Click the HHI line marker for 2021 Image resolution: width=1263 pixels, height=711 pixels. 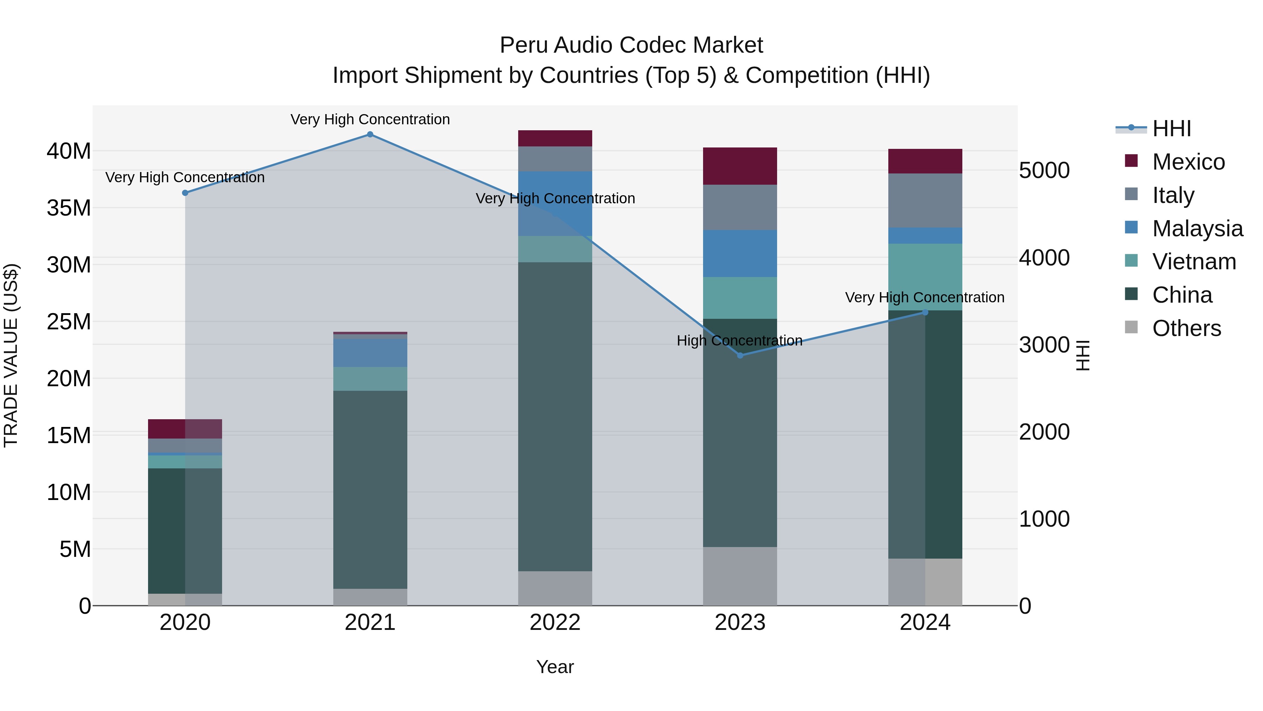[x=370, y=134]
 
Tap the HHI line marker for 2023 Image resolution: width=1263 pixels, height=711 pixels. [x=740, y=355]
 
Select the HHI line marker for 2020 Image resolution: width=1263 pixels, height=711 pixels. [x=185, y=193]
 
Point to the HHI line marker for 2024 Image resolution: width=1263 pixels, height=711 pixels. [x=925, y=312]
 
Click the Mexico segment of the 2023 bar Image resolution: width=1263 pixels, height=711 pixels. [x=740, y=166]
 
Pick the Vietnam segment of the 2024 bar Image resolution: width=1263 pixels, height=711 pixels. [x=925, y=277]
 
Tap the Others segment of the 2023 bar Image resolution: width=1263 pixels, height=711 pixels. [x=740, y=576]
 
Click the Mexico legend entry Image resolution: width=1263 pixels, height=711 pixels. [x=1189, y=162]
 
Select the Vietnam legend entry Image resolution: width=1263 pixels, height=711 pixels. [x=1194, y=262]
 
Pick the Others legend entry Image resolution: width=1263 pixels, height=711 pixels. [x=1187, y=328]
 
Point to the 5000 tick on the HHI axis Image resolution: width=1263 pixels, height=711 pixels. [x=1044, y=171]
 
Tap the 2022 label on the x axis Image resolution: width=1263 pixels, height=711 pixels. [x=555, y=623]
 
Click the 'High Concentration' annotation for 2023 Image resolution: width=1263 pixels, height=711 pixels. [x=739, y=341]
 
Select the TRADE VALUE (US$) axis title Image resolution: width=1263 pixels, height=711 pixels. [x=11, y=355]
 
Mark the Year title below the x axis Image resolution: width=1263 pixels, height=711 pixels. [x=555, y=667]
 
